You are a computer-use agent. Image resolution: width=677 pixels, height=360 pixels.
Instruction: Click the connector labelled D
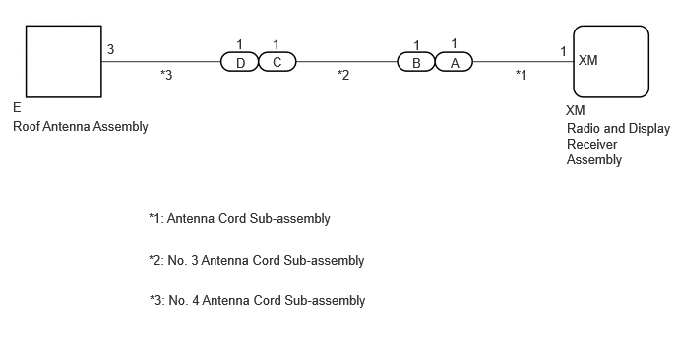click(x=240, y=62)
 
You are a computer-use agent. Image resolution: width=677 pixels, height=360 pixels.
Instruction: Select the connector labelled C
click(x=277, y=62)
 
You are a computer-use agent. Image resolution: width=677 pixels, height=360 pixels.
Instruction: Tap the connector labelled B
click(x=416, y=62)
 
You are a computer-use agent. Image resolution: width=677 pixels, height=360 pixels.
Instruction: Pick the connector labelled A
click(x=454, y=62)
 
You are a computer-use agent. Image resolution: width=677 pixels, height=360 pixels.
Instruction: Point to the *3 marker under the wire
click(x=166, y=75)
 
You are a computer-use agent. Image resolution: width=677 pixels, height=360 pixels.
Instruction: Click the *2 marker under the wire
click(x=343, y=75)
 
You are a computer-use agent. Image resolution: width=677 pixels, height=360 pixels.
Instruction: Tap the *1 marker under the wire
click(x=522, y=75)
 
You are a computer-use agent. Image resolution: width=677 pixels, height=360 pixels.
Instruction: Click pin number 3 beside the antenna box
click(x=110, y=49)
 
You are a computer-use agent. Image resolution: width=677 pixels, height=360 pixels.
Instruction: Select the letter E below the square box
click(x=17, y=107)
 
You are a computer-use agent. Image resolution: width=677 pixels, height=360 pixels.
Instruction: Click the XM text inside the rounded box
click(x=588, y=60)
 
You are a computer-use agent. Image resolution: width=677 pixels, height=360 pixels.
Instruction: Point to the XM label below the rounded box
click(x=576, y=110)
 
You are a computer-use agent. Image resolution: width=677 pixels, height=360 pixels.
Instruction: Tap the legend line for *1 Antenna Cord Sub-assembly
click(x=239, y=218)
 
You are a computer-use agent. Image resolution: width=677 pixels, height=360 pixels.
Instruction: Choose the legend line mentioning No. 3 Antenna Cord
click(x=257, y=261)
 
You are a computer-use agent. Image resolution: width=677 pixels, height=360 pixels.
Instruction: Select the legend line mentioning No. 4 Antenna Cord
click(x=258, y=300)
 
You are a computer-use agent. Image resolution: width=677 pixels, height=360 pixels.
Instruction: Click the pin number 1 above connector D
click(x=240, y=44)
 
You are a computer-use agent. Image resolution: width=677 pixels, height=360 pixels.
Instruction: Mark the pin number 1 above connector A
click(x=454, y=43)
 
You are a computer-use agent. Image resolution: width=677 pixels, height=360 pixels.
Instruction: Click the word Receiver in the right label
click(x=592, y=144)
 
